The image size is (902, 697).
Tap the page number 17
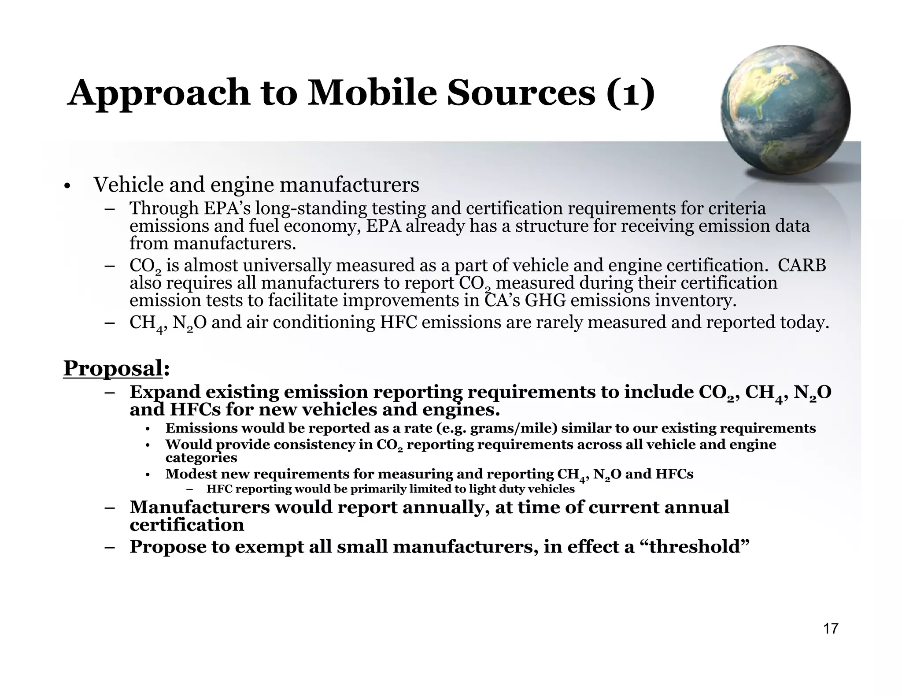coord(830,629)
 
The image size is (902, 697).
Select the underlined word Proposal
coord(113,368)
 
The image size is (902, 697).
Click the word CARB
coord(802,266)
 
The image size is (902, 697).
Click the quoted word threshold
coord(693,547)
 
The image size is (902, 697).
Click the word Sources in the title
coord(521,93)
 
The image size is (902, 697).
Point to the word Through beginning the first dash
coord(164,208)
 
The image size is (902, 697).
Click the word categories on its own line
coord(201,458)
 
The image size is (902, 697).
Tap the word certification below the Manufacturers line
coord(187,525)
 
